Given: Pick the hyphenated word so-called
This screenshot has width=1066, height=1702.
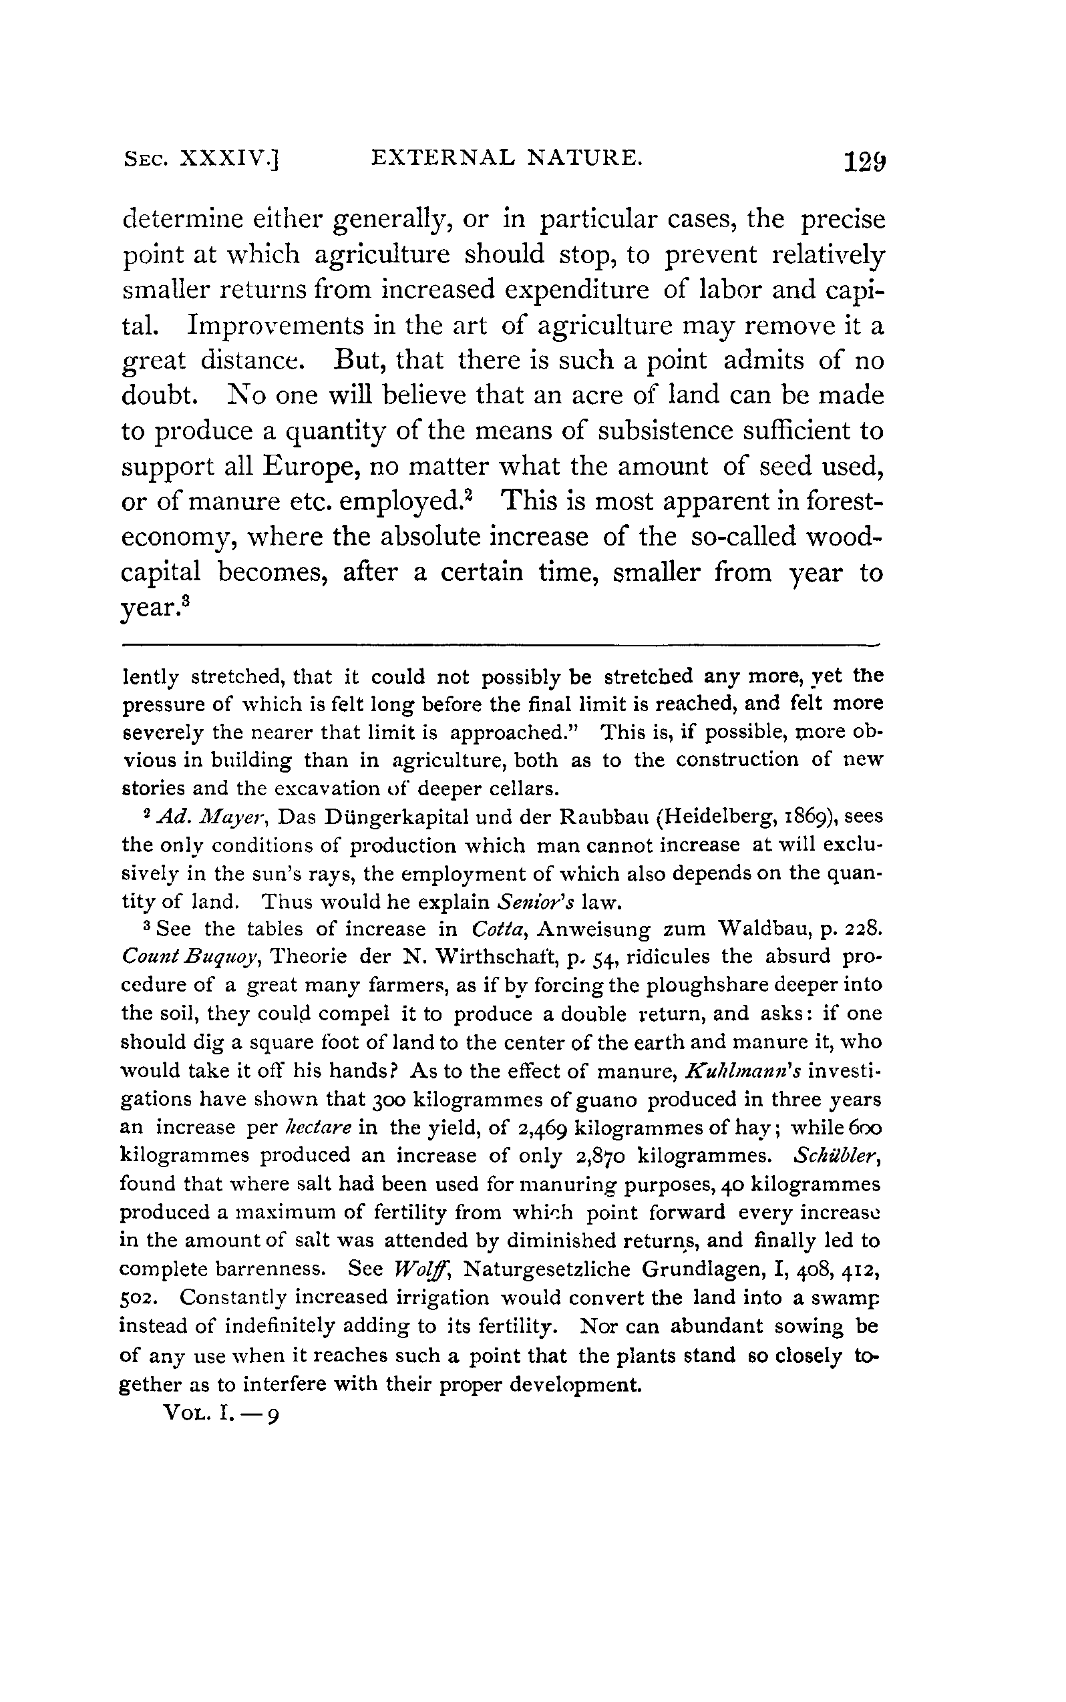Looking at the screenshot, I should (x=747, y=536).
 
